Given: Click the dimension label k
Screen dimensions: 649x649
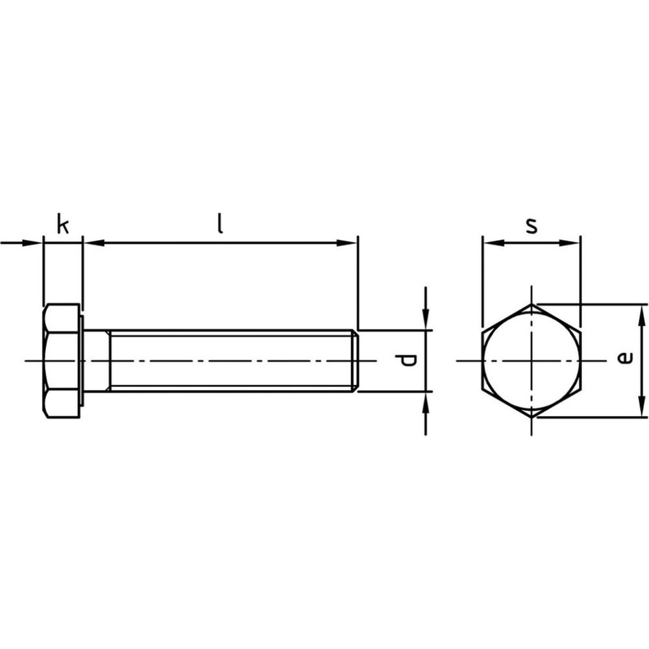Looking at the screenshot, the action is (x=63, y=224).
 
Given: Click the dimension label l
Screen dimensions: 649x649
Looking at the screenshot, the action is (x=221, y=223).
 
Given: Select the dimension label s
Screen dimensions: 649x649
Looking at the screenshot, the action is (x=532, y=226).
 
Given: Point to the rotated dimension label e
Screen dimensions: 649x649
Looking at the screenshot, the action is (x=625, y=358).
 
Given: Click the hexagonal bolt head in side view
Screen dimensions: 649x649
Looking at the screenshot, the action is (x=61, y=361).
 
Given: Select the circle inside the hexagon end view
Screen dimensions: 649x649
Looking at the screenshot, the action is (x=532, y=361).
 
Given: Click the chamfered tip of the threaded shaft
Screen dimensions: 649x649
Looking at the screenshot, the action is (x=356, y=361).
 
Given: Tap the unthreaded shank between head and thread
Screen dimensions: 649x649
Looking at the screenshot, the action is (x=97, y=361).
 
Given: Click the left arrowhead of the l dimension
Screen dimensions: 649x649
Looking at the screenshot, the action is (x=93, y=243).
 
